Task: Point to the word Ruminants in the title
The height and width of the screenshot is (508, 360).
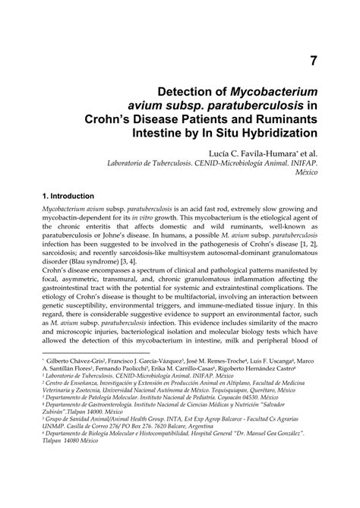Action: pyautogui.click(x=283, y=119)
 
